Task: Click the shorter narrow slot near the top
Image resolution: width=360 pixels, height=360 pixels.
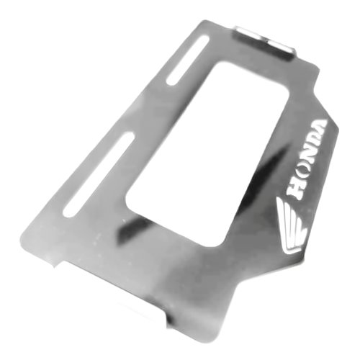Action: pyautogui.click(x=187, y=60)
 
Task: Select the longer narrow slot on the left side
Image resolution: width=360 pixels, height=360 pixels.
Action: pyautogui.click(x=99, y=175)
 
